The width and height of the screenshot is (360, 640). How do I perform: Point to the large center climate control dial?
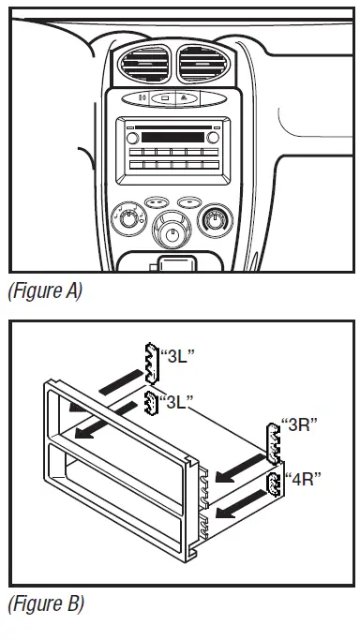click(x=172, y=228)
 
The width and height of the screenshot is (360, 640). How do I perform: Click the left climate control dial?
click(x=127, y=222)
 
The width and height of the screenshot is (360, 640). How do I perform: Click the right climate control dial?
click(x=216, y=222)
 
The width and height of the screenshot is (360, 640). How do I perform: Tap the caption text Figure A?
click(x=44, y=291)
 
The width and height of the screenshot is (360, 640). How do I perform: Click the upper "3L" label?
click(x=177, y=356)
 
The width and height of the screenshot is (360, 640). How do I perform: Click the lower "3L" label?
click(x=175, y=404)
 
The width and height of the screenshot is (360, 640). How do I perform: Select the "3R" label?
click(x=300, y=424)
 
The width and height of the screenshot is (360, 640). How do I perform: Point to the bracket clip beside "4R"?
click(x=275, y=485)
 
